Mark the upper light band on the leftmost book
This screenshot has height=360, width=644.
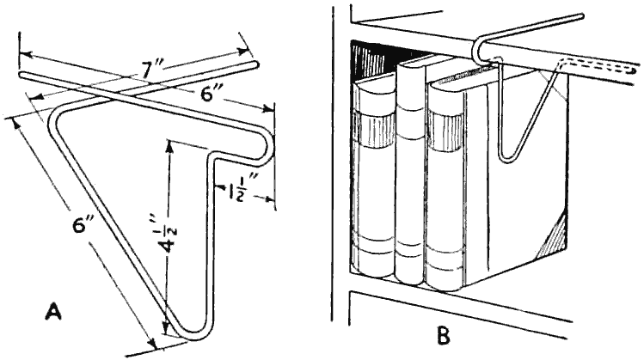click(x=376, y=132)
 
